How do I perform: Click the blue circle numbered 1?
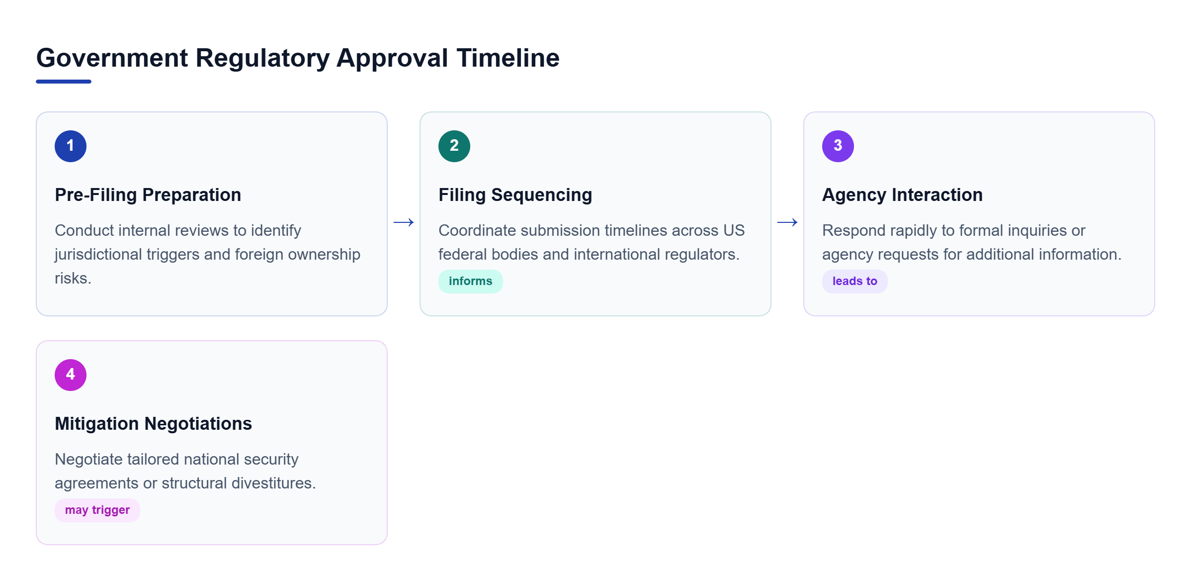click(71, 146)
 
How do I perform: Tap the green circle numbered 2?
click(454, 146)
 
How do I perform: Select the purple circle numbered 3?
click(838, 146)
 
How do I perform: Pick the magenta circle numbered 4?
click(71, 375)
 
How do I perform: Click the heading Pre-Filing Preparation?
click(148, 195)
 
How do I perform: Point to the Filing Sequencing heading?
click(515, 195)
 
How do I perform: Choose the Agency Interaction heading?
click(903, 195)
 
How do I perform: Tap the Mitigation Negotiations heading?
click(154, 424)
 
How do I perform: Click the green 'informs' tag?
click(471, 282)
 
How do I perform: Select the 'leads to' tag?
click(855, 282)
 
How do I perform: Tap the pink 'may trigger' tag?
click(97, 510)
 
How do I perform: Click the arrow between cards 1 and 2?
click(404, 222)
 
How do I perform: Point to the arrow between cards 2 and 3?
click(787, 222)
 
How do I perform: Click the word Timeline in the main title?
click(508, 58)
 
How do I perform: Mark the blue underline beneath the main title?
click(64, 82)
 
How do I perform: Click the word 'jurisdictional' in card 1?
click(102, 255)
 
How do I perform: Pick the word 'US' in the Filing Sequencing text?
click(734, 231)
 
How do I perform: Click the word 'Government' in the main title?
click(112, 58)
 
